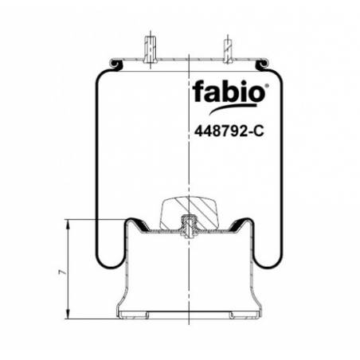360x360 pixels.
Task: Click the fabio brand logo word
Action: (x=229, y=92)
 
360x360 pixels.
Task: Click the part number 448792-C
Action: (x=229, y=131)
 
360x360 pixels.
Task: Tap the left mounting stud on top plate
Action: (x=151, y=49)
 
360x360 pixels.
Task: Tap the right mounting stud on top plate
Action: (x=227, y=50)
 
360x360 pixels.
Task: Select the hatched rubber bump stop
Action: (x=189, y=213)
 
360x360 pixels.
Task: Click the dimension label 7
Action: (x=62, y=272)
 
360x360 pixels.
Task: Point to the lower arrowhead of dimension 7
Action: (x=68, y=315)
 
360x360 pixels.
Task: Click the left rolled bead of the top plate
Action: (x=116, y=64)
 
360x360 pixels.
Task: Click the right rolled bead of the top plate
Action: (x=262, y=64)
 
